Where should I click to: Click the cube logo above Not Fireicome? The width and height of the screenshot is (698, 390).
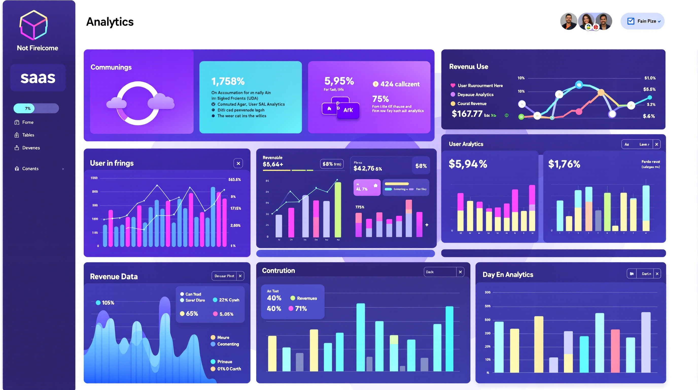(x=33, y=25)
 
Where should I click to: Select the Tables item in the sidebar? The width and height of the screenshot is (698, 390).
(x=28, y=135)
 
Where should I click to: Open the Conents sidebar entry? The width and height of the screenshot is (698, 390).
(x=30, y=168)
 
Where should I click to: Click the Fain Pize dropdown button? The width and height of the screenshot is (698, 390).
(x=642, y=21)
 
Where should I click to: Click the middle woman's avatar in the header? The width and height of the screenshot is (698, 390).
(x=586, y=21)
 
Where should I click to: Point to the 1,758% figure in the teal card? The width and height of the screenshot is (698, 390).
(x=228, y=81)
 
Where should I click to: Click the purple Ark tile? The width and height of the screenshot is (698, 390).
(x=348, y=110)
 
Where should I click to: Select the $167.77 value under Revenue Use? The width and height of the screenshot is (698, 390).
(x=467, y=114)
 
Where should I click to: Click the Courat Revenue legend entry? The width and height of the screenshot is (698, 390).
(x=472, y=104)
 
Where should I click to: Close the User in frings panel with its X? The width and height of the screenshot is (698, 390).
(x=238, y=163)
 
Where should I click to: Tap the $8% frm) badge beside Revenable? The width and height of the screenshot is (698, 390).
(x=332, y=164)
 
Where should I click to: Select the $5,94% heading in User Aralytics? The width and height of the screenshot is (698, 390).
(x=468, y=164)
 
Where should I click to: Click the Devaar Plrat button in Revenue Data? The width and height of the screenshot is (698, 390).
(x=224, y=276)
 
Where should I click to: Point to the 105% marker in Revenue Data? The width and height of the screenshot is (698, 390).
(x=105, y=303)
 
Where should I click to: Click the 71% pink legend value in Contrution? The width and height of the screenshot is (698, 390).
(x=301, y=308)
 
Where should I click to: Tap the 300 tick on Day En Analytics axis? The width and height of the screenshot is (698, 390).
(x=487, y=292)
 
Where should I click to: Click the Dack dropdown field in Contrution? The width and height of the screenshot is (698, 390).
(x=440, y=272)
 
